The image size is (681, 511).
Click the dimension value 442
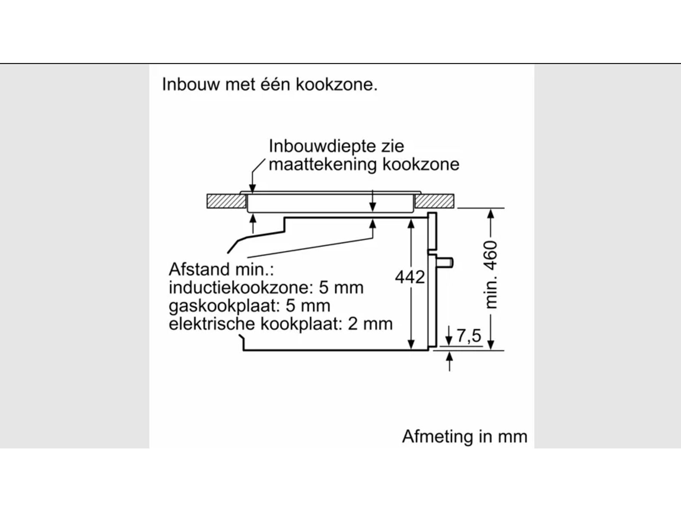click(x=410, y=278)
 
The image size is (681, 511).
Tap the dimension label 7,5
click(x=469, y=336)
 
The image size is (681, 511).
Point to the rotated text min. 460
click(x=491, y=275)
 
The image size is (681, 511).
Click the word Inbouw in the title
click(x=191, y=84)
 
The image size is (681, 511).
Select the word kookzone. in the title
click(x=337, y=84)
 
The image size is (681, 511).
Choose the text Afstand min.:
click(x=221, y=270)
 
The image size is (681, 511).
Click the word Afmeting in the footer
click(x=432, y=436)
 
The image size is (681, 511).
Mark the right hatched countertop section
click(x=435, y=201)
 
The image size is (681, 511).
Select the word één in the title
click(x=269, y=84)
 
